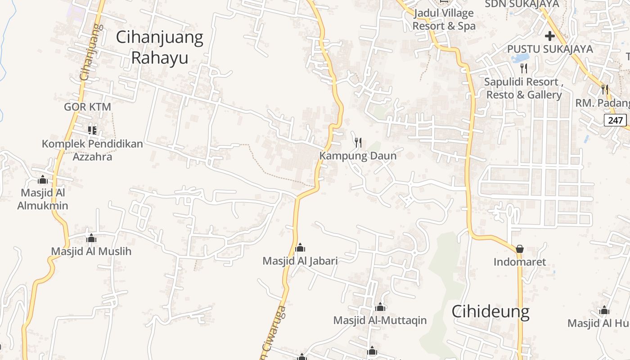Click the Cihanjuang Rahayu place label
(x=160, y=47)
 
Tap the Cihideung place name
(x=490, y=311)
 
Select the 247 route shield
(x=615, y=120)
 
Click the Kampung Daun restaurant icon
(x=358, y=143)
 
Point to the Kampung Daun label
(x=358, y=156)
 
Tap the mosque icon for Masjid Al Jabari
(x=300, y=247)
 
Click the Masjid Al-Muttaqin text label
(x=380, y=320)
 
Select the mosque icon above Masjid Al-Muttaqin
(x=380, y=307)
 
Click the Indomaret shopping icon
(x=520, y=249)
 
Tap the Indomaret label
(x=520, y=262)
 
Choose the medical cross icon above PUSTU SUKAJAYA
(x=550, y=36)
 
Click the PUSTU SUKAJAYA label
(x=550, y=49)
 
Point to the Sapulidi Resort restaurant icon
(x=523, y=68)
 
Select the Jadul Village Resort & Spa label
(x=444, y=20)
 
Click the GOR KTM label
(x=87, y=107)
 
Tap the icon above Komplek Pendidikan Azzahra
(x=92, y=130)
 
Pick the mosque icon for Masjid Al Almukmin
(x=43, y=180)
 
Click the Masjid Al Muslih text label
(x=91, y=251)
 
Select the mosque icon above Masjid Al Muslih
(x=91, y=238)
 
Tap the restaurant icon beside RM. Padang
(x=605, y=90)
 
